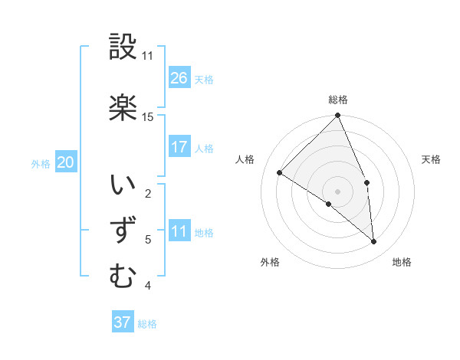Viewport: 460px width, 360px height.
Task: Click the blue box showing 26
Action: [x=179, y=77]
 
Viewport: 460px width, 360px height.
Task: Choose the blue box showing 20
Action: [x=66, y=162]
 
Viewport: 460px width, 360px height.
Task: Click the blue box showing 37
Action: [x=123, y=322]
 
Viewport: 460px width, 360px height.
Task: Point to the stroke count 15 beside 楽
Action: [x=148, y=117]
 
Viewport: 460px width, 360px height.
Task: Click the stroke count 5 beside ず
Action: [x=148, y=240]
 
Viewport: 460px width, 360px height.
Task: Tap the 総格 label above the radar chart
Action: [x=338, y=100]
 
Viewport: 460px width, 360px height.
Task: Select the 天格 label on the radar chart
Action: [x=432, y=159]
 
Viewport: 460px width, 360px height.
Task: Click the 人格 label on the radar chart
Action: [x=245, y=159]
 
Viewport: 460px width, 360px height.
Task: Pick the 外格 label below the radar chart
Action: [x=270, y=262]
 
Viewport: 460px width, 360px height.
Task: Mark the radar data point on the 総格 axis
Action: [x=338, y=116]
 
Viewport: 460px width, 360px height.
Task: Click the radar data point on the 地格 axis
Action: [x=374, y=242]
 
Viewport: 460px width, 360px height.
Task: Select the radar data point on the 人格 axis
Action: [x=280, y=172]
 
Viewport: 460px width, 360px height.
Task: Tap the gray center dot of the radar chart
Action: [x=338, y=191]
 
